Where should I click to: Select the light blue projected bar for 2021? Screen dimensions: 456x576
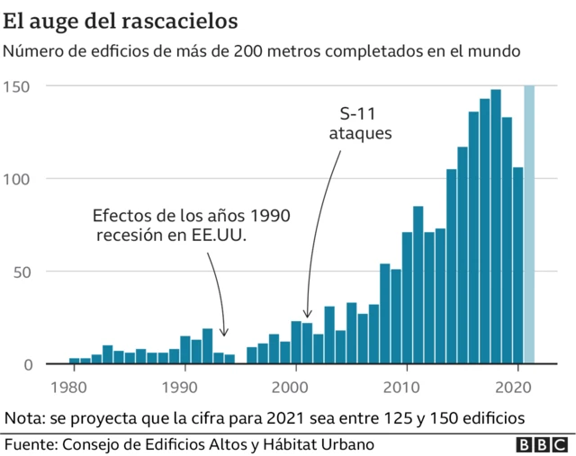click(x=529, y=225)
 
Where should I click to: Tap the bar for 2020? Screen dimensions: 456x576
click(x=517, y=265)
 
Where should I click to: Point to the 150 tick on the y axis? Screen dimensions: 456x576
click(x=19, y=85)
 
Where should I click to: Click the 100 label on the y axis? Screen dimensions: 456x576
click(x=19, y=179)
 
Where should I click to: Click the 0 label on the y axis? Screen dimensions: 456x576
click(x=28, y=364)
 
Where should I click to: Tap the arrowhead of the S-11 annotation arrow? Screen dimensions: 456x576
click(x=307, y=315)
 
